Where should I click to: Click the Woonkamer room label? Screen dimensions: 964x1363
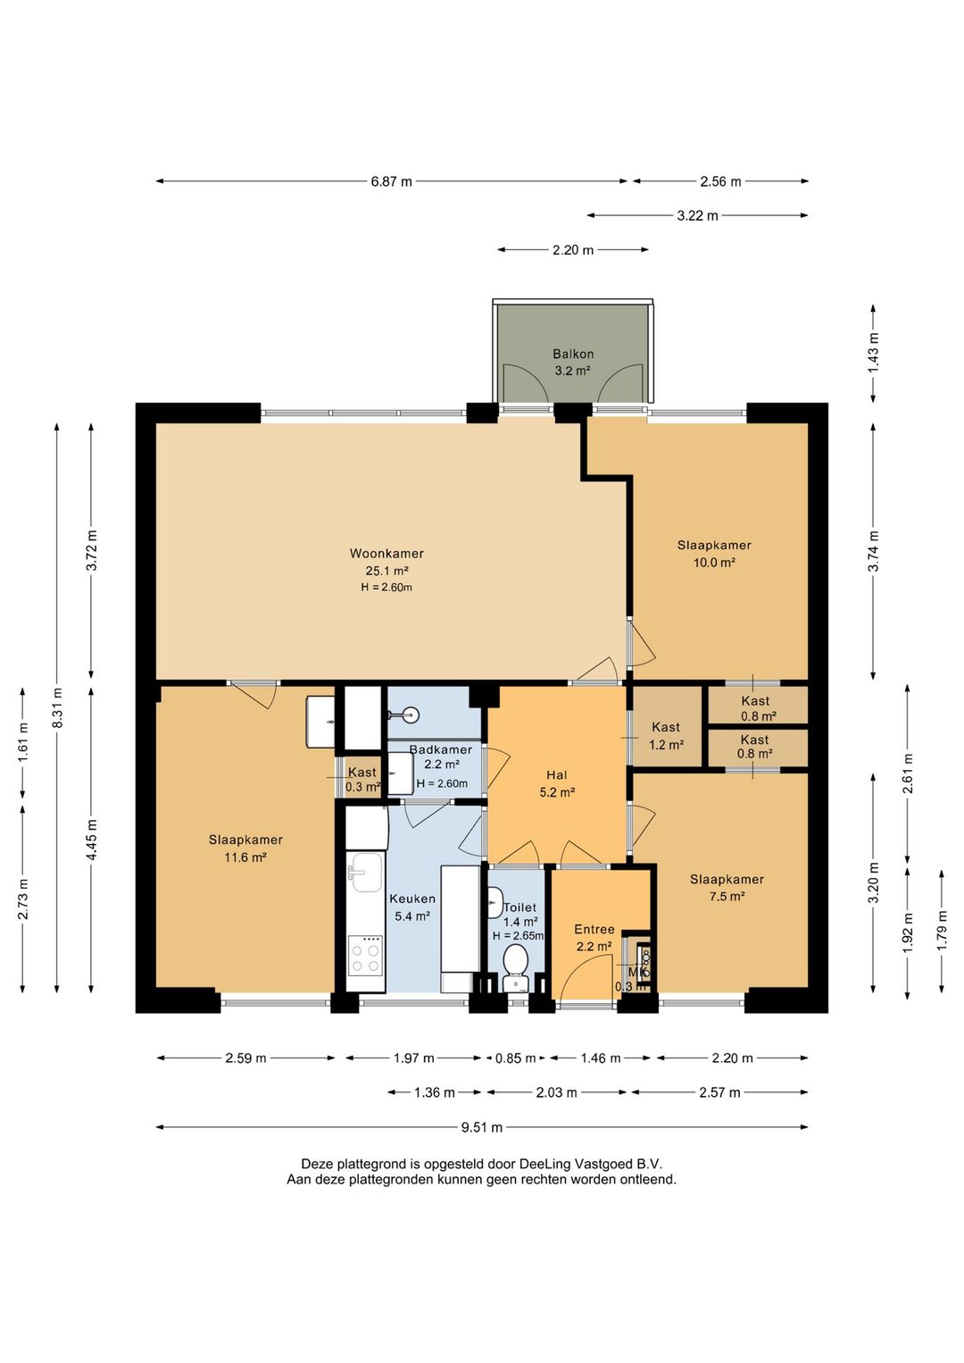(x=386, y=553)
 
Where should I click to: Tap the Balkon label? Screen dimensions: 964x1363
(x=573, y=354)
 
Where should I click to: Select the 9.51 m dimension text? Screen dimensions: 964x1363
(x=482, y=1127)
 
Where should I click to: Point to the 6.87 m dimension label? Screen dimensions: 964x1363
(x=392, y=181)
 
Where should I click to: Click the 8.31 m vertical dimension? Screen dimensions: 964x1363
(x=57, y=707)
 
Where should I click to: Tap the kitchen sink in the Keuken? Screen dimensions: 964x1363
(x=367, y=872)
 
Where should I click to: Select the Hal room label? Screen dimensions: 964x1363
(x=556, y=774)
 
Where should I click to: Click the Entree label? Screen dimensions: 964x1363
(x=594, y=929)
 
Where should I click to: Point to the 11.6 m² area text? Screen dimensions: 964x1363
(x=245, y=857)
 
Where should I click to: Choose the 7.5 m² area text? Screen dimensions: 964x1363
(x=727, y=896)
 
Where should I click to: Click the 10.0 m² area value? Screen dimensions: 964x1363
(x=715, y=562)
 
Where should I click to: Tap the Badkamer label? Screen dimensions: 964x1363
(x=441, y=749)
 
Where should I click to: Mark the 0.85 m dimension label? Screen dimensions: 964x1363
(x=515, y=1058)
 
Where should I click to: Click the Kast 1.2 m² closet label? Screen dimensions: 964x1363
(x=666, y=735)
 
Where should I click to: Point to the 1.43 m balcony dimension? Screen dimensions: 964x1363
(x=873, y=353)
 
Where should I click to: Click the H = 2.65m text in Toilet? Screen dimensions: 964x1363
(x=519, y=935)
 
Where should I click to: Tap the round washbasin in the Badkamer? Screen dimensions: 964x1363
(x=410, y=714)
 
